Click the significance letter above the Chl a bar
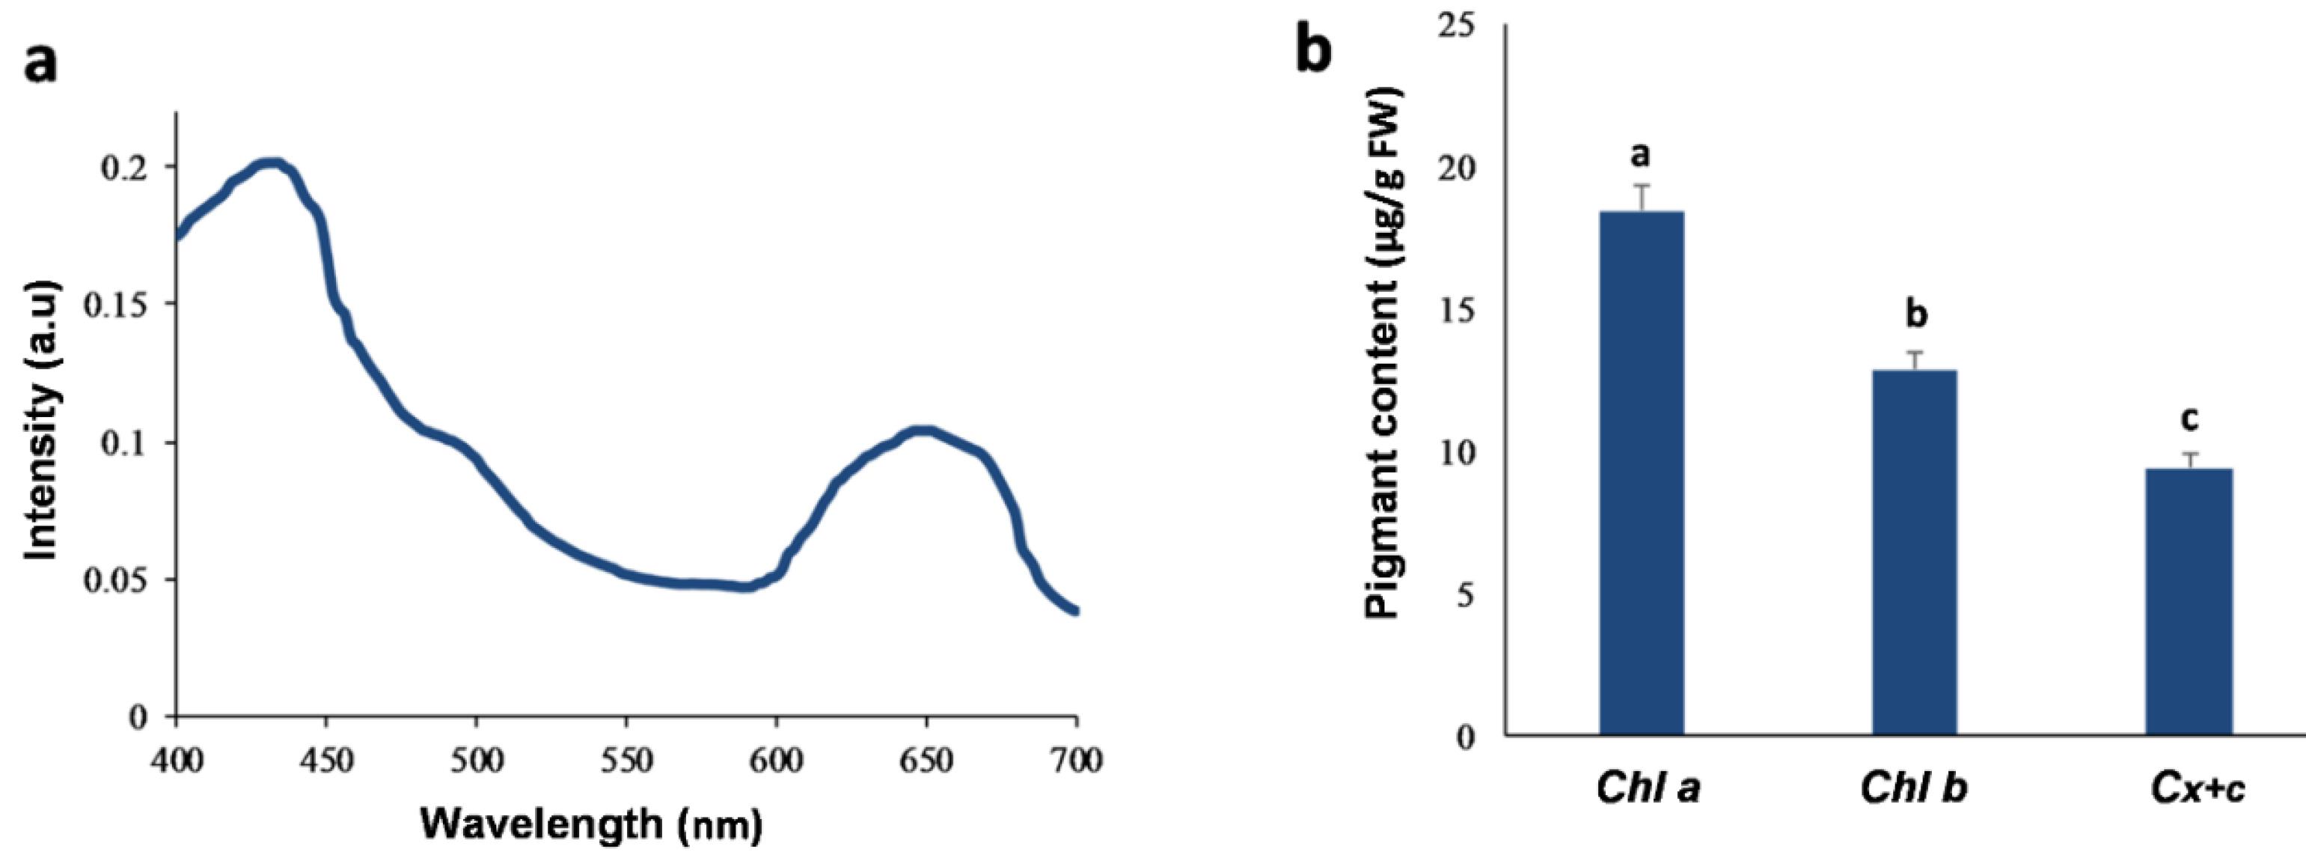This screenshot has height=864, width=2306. coord(1640,155)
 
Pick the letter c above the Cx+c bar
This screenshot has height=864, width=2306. coord(2188,418)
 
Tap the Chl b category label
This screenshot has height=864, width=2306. coord(1913,788)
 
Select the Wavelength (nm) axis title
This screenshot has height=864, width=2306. coord(591,823)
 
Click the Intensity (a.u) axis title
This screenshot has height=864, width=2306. coord(43,421)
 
